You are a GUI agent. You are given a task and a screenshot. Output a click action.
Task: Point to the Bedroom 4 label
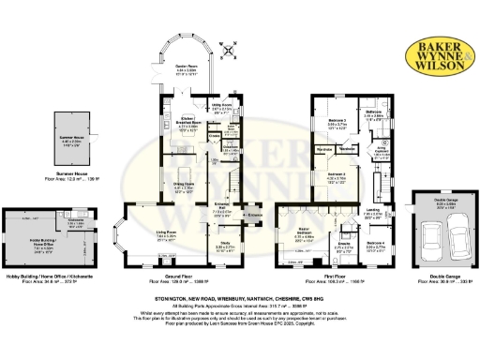tap(375, 247)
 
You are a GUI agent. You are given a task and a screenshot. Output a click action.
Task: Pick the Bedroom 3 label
tap(337, 121)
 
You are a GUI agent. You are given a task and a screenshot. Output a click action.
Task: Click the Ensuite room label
tap(343, 247)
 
